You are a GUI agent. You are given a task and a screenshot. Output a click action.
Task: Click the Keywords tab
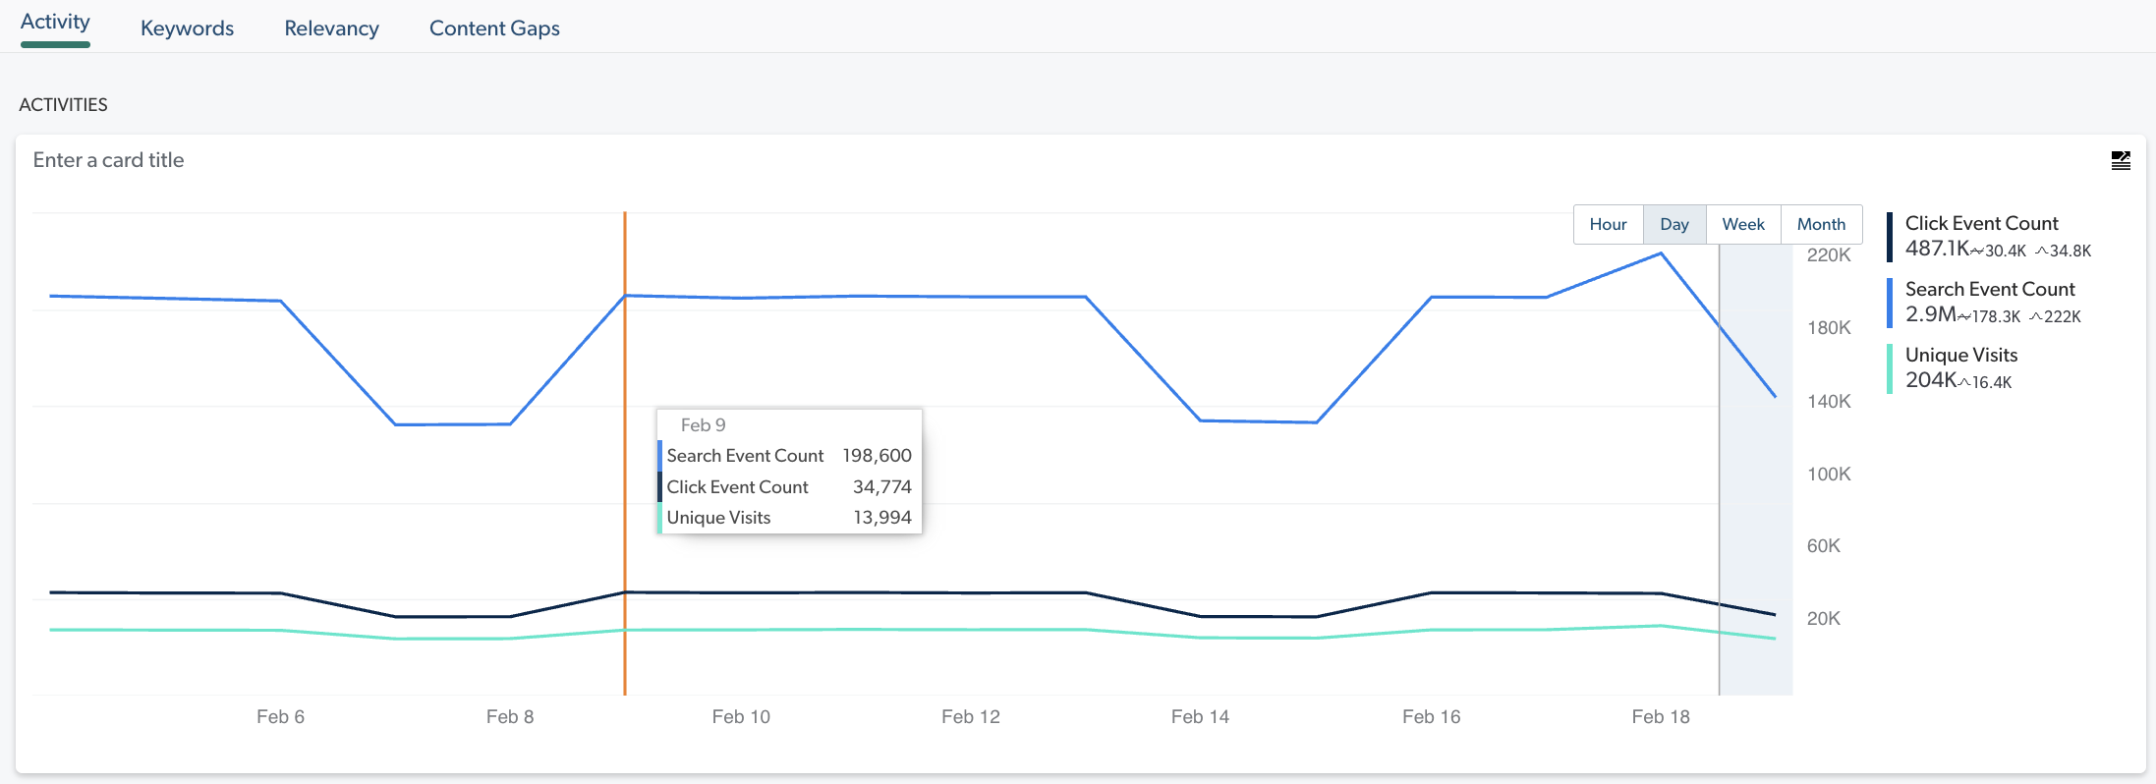[x=187, y=28]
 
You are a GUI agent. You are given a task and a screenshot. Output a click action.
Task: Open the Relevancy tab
[x=331, y=28]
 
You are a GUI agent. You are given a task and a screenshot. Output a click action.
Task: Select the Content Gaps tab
[x=494, y=28]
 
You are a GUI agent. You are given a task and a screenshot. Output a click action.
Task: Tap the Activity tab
[x=55, y=23]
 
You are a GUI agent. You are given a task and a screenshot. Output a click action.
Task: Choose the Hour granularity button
[x=1608, y=224]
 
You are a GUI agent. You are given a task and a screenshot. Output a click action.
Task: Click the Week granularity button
[x=1742, y=224]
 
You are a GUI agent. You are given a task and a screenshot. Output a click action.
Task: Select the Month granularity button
[x=1821, y=224]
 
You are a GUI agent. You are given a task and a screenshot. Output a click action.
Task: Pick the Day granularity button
[x=1674, y=224]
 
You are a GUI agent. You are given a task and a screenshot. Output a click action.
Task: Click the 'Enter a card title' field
[x=109, y=160]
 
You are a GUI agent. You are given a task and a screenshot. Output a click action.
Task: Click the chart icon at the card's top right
[x=2121, y=160]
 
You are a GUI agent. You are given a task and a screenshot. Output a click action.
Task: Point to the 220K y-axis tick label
[x=1828, y=255]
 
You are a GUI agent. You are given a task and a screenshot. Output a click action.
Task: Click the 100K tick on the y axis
[x=1828, y=474]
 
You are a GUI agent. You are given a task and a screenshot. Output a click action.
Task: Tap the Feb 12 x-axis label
[x=970, y=717]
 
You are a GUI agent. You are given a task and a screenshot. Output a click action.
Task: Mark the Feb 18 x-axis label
[x=1660, y=717]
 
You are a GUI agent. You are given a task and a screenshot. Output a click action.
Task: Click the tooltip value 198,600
[x=877, y=456]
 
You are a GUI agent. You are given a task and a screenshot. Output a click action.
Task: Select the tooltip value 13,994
[x=881, y=518]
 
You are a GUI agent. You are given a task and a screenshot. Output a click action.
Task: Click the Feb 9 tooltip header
[x=703, y=425]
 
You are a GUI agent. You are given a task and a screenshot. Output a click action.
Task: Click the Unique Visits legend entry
[x=1960, y=355]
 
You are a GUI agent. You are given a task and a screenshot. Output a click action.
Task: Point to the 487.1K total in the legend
[x=1937, y=249]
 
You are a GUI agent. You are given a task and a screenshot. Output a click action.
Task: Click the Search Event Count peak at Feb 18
[x=1661, y=253]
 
